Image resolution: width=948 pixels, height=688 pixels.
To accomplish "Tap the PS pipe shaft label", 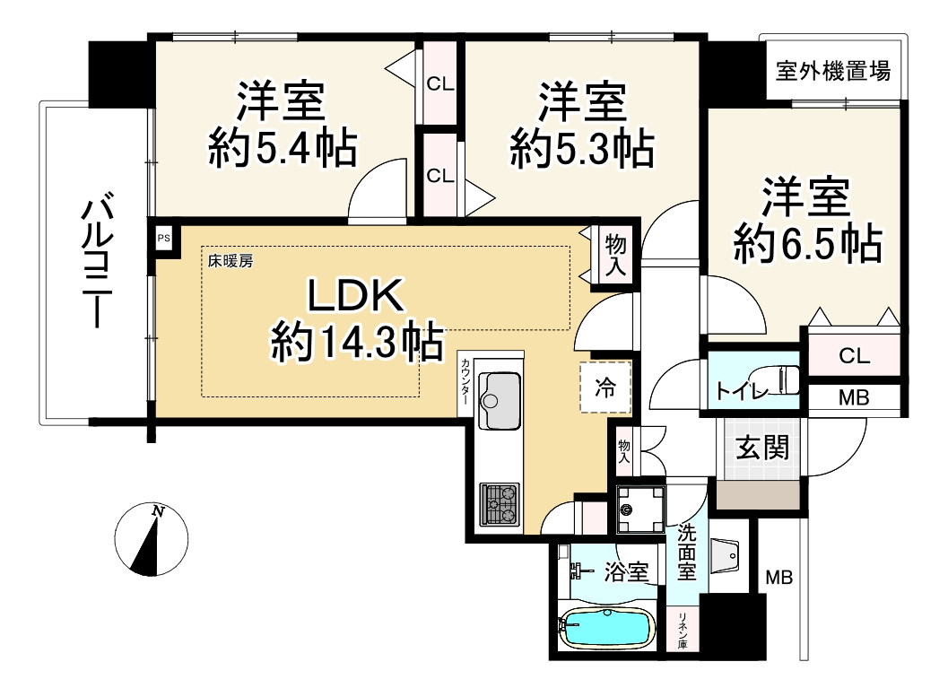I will (163, 239).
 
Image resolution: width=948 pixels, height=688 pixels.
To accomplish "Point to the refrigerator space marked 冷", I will (606, 388).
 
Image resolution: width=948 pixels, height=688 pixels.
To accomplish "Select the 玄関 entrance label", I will (763, 447).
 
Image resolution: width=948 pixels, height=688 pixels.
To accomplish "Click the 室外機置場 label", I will (833, 71).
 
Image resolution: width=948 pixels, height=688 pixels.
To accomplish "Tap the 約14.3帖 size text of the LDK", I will (356, 341).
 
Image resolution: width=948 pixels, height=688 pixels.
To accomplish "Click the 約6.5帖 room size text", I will (806, 242).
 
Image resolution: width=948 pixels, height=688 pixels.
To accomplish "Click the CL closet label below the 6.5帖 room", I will (853, 355).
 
